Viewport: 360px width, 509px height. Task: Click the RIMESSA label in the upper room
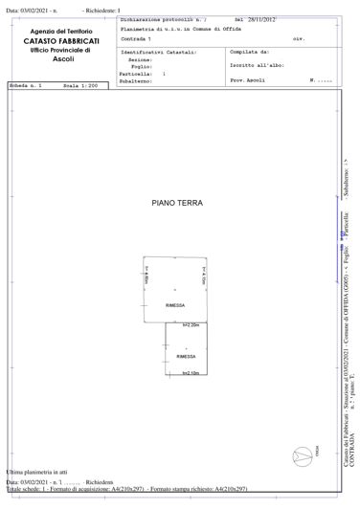(174, 305)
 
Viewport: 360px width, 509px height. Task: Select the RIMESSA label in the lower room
(188, 356)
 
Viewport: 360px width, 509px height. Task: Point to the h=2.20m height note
(190, 325)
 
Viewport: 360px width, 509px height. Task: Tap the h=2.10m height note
(190, 373)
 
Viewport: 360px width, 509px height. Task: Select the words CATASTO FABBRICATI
(60, 41)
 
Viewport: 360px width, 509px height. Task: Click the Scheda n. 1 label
(24, 86)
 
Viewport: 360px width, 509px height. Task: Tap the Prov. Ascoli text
(250, 79)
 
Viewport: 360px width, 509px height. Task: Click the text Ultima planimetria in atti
(36, 473)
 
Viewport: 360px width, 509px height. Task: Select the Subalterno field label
(137, 79)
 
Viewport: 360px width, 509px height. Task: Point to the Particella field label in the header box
(136, 73)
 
